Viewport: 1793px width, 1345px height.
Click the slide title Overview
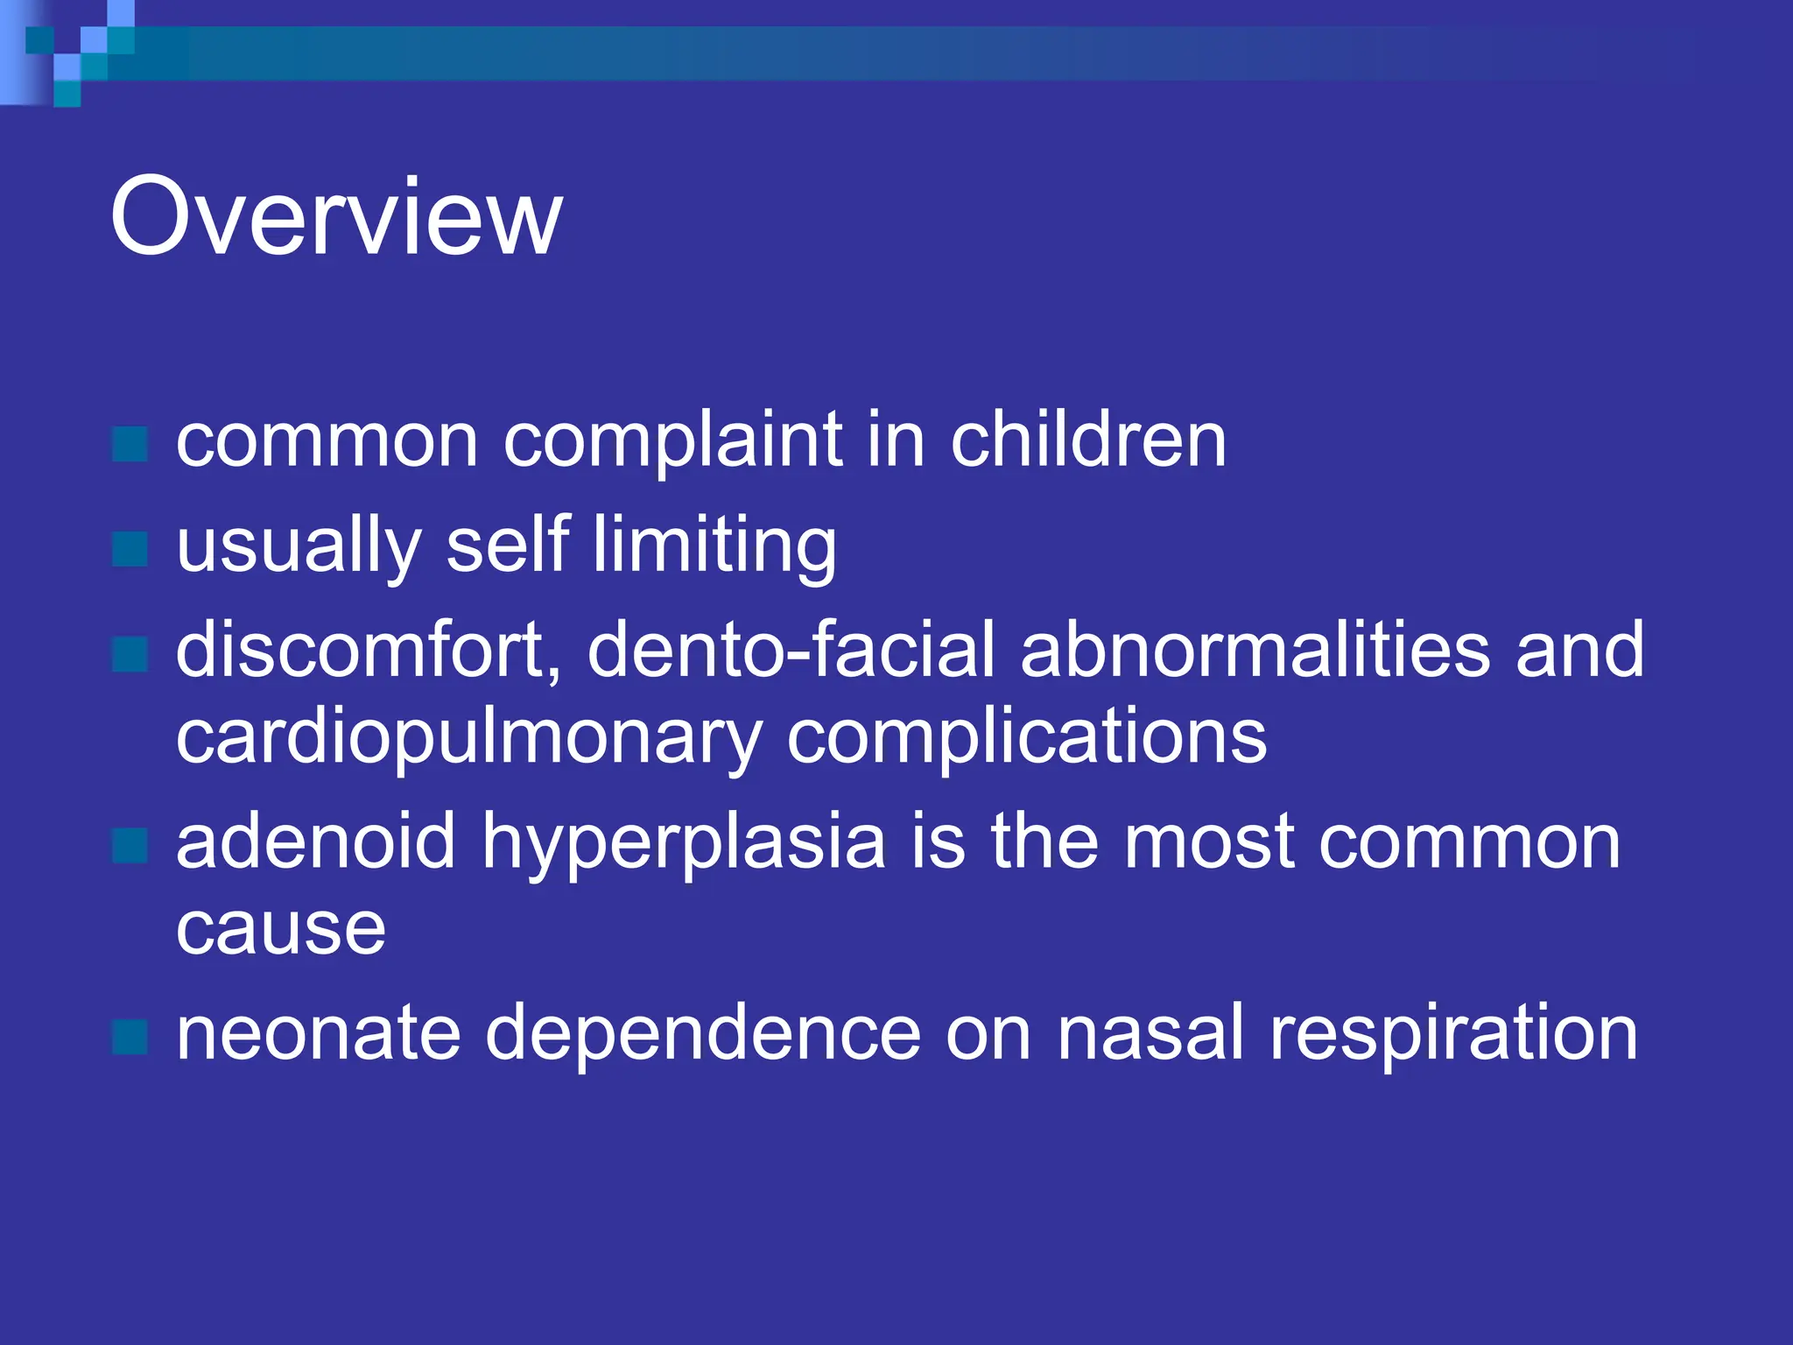tap(335, 216)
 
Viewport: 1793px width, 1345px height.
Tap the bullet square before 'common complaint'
tap(130, 445)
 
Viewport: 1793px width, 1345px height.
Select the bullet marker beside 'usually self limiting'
tap(130, 550)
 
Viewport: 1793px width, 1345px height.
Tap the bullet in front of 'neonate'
tap(130, 1038)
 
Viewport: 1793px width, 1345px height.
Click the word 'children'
tap(1088, 440)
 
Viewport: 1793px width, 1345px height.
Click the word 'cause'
tap(280, 928)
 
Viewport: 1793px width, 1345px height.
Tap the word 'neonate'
tap(318, 1033)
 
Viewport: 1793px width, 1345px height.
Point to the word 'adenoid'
tap(316, 841)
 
